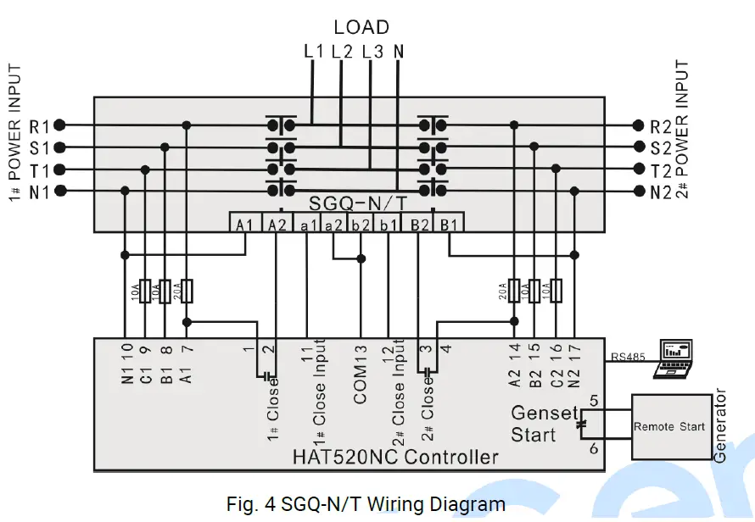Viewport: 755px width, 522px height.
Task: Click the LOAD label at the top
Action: click(361, 27)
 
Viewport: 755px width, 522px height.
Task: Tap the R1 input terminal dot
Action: click(59, 125)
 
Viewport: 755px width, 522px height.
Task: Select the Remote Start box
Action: click(668, 427)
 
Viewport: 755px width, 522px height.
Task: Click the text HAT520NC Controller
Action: click(394, 458)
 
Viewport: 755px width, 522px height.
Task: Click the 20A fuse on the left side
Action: click(187, 292)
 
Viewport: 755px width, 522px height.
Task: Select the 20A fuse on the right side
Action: click(514, 292)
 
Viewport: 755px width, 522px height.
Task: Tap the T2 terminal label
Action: click(660, 169)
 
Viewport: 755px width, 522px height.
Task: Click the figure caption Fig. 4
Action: click(366, 504)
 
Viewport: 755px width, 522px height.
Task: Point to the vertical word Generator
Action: click(722, 425)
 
